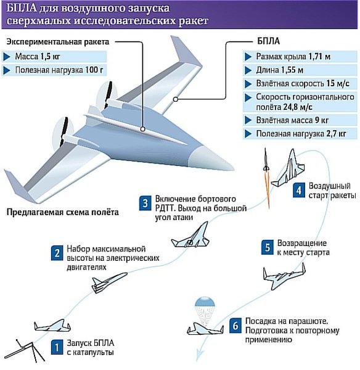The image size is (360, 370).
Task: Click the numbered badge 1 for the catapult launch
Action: (x=57, y=347)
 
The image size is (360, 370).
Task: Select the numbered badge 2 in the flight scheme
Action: (x=57, y=253)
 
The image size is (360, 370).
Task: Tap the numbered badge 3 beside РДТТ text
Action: (x=145, y=203)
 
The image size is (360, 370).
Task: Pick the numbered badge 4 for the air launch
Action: (x=299, y=190)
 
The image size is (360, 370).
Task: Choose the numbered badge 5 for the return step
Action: (x=268, y=247)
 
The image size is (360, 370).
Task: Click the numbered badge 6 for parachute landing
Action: (x=235, y=326)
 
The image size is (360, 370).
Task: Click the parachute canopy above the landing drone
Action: (x=205, y=302)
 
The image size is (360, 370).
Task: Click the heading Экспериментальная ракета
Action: (x=58, y=42)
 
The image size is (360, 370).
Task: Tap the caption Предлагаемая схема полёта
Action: (x=62, y=212)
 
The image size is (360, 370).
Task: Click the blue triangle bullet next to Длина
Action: (x=248, y=70)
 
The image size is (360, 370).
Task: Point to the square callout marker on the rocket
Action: (x=142, y=129)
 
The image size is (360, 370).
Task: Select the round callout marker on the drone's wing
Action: (x=175, y=99)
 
